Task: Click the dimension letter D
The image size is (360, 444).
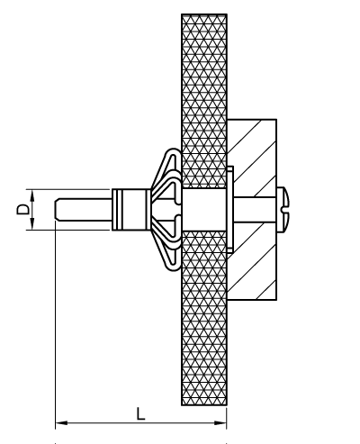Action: (22, 209)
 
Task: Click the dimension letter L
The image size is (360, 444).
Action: (140, 413)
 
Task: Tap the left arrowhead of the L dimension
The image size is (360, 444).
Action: (61, 423)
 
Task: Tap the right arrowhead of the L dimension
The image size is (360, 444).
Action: (220, 423)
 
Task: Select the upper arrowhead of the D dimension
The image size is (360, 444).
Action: (32, 195)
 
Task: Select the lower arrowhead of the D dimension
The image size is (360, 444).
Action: (32, 224)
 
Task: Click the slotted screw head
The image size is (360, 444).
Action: (283, 210)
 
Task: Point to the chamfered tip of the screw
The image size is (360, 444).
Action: (58, 210)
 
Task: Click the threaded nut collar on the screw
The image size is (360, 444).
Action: (131, 210)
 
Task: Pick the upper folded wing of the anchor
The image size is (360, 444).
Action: (168, 171)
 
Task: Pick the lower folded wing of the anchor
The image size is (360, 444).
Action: (168, 248)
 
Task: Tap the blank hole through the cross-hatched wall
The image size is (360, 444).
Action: (203, 210)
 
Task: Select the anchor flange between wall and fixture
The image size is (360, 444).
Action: (230, 210)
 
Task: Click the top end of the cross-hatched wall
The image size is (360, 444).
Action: (204, 14)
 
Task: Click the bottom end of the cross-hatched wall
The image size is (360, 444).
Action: (204, 404)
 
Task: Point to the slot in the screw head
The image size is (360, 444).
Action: (285, 210)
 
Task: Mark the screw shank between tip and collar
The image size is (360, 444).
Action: (84, 210)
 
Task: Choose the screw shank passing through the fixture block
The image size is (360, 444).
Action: (255, 210)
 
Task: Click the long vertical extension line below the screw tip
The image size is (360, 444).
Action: (56, 324)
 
